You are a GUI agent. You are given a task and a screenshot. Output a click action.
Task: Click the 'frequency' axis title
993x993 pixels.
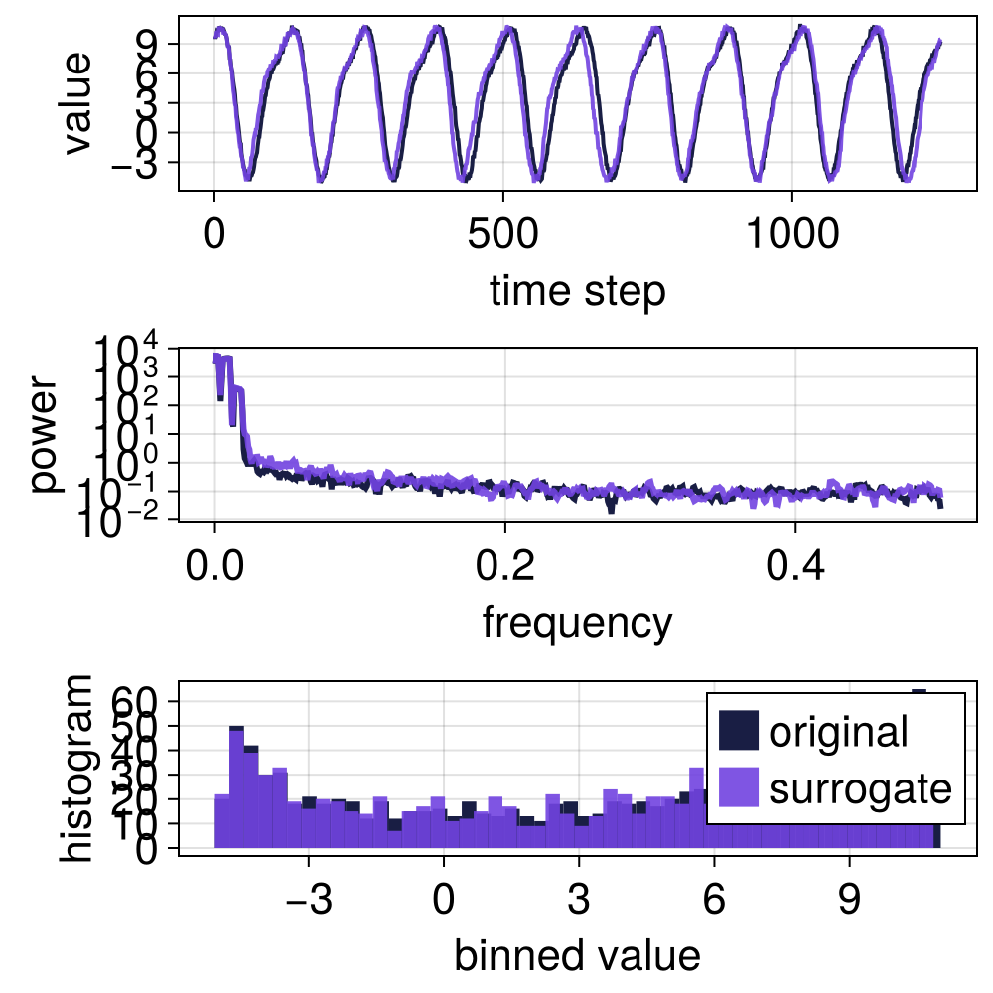[x=577, y=623]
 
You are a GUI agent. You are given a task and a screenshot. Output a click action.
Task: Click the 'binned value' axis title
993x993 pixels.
[x=577, y=955]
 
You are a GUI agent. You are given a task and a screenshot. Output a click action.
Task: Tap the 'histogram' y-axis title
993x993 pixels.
[x=77, y=767]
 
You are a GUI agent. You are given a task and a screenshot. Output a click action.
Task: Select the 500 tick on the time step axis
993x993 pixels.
[x=504, y=238]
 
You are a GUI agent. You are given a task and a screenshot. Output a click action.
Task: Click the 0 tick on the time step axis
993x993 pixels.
[x=214, y=238]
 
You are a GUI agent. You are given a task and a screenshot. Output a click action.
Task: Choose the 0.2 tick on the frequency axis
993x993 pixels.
[x=504, y=570]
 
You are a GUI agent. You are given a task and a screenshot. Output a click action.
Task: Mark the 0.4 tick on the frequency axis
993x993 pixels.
[x=794, y=570]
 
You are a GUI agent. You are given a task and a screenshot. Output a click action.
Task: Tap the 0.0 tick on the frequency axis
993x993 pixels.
[x=214, y=570]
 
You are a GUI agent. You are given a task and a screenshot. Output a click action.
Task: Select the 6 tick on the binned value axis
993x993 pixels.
[x=713, y=903]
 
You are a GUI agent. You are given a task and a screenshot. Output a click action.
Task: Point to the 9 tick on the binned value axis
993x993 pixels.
[x=848, y=903]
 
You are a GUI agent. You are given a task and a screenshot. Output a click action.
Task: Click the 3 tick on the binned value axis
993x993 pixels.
[x=579, y=903]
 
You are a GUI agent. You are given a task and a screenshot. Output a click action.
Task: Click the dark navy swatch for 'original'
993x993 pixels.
[x=739, y=732]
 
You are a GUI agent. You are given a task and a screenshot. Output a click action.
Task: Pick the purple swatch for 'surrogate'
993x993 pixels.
[x=739, y=788]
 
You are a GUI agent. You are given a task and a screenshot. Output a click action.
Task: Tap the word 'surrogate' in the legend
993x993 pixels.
[x=860, y=789]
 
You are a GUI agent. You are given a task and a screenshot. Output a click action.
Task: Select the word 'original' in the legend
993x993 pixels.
[x=839, y=733]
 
